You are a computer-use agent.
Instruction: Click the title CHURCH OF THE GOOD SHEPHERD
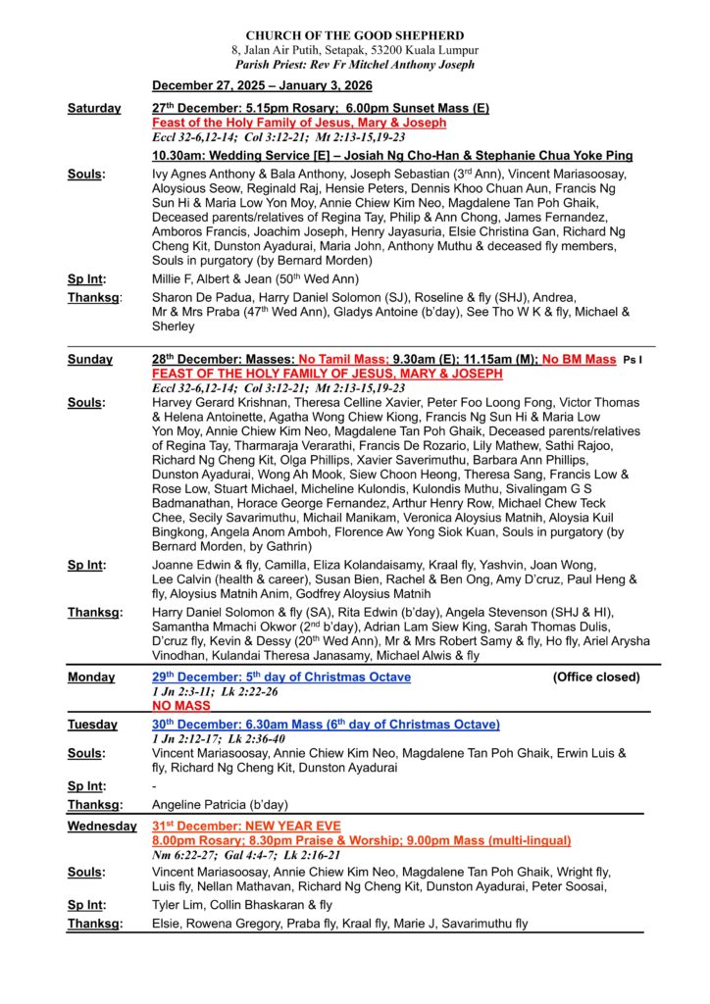coord(354,35)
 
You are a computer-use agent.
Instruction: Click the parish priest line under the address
coord(354,65)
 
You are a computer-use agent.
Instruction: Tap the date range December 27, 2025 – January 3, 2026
coord(262,86)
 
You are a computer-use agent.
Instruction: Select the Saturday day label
coord(94,108)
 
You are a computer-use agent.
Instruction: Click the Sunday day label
coord(90,360)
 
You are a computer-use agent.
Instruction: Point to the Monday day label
coord(91,678)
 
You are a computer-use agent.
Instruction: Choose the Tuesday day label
coord(92,725)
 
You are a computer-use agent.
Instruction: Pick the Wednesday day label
coord(102,827)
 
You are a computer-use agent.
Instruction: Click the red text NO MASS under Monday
coord(180,705)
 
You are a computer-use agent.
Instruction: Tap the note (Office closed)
coord(596,678)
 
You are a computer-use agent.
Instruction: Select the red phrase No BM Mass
coord(579,360)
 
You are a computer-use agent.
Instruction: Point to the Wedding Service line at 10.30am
coord(391,156)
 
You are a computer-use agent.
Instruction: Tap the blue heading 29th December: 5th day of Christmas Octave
coord(281,678)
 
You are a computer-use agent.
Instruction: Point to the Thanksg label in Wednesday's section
coord(94,924)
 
